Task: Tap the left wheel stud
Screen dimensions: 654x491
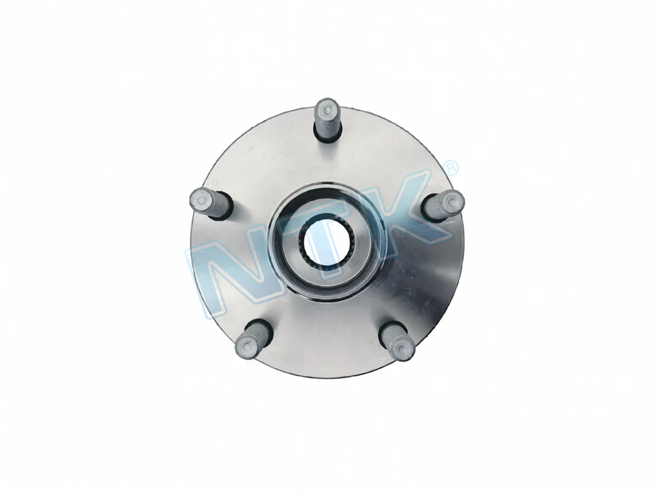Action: (210, 203)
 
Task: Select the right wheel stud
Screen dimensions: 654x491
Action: (444, 206)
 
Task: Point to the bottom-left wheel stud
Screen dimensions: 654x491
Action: (254, 340)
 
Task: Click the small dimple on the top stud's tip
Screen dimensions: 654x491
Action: (327, 111)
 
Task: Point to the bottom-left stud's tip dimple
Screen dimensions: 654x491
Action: (246, 346)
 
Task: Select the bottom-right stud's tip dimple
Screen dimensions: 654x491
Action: (403, 349)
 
